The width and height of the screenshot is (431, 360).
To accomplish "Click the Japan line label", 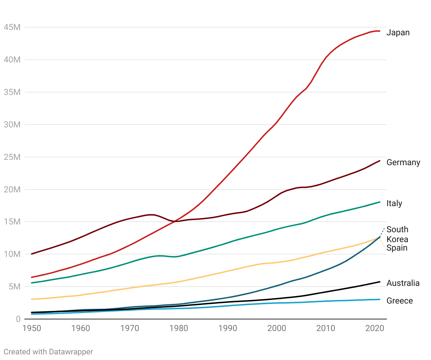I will pyautogui.click(x=398, y=32).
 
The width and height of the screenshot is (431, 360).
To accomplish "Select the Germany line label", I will pyautogui.click(x=403, y=162).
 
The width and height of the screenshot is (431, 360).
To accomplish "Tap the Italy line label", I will pyautogui.click(x=394, y=203).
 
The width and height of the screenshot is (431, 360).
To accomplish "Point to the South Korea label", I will pyautogui.click(x=397, y=234).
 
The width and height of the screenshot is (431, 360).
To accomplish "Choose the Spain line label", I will pyautogui.click(x=397, y=248).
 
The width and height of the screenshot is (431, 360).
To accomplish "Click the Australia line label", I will pyautogui.click(x=403, y=283).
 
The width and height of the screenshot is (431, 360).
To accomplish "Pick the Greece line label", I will pyautogui.click(x=400, y=301).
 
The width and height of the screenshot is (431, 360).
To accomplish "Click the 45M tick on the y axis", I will pyautogui.click(x=12, y=27).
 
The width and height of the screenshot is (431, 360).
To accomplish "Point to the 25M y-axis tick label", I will pyautogui.click(x=12, y=157).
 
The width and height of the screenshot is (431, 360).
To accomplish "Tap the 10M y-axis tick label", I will pyautogui.click(x=12, y=254).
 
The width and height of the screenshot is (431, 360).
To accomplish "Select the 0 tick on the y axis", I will pyautogui.click(x=18, y=319).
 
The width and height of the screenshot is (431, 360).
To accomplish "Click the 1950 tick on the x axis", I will pyautogui.click(x=32, y=328).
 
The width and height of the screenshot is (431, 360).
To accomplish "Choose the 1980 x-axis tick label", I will pyautogui.click(x=179, y=328).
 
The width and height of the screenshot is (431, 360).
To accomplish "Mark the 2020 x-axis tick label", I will pyautogui.click(x=374, y=328).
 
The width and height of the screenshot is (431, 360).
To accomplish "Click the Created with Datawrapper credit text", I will pyautogui.click(x=48, y=352).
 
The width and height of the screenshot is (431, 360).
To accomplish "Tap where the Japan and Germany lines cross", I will pyautogui.click(x=176, y=221).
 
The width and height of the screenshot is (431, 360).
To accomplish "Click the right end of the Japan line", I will pyautogui.click(x=379, y=31).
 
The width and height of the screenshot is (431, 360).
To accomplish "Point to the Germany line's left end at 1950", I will pyautogui.click(x=32, y=254).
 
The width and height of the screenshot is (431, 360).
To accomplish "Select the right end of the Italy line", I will pyautogui.click(x=379, y=202).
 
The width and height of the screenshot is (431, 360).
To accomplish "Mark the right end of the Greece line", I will pyautogui.click(x=379, y=299).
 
